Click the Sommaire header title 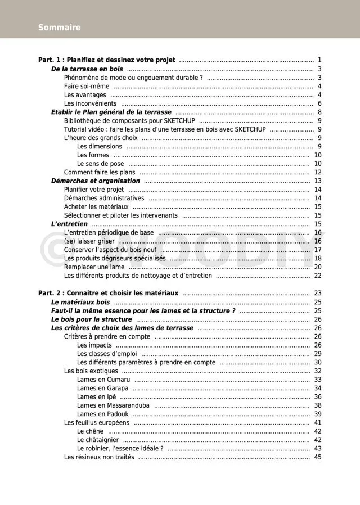pos(60,28)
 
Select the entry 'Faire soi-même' pos(87,87)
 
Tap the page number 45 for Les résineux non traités pos(318,457)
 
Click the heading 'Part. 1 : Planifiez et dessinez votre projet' pos(107,60)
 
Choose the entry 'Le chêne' pos(90,431)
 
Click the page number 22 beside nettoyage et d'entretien pos(318,276)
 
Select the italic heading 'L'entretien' pos(69,224)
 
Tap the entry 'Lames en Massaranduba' pos(113,405)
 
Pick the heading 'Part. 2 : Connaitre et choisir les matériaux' pos(108,293)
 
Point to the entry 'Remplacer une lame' pos(94,267)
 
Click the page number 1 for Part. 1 pos(319,60)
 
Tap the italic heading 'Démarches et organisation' pos(96,181)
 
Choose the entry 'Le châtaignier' pos(98,440)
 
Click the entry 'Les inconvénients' pos(90,103)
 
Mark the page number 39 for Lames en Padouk pos(318,414)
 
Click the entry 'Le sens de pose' pos(101,164)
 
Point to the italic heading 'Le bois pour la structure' pos(92,319)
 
